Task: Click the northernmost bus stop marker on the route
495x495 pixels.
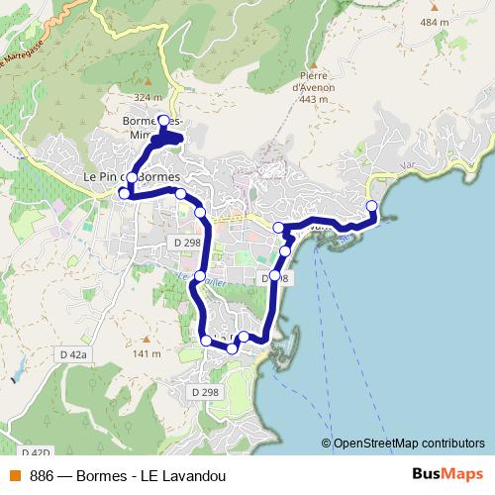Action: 164,121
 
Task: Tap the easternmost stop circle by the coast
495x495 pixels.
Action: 372,206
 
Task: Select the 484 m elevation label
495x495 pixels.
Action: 461,21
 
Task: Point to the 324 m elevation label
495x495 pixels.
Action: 147,97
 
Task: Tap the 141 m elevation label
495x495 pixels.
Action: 147,353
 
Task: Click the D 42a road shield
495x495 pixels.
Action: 73,353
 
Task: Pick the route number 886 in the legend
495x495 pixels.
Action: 43,474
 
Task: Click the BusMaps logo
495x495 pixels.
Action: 446,473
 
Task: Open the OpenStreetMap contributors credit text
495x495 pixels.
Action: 408,443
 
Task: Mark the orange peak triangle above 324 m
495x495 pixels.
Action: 147,83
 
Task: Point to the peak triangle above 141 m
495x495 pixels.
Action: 147,340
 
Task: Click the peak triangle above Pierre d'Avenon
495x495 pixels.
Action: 310,61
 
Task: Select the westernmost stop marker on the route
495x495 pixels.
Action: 125,193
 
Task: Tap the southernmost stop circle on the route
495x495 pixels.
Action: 233,348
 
